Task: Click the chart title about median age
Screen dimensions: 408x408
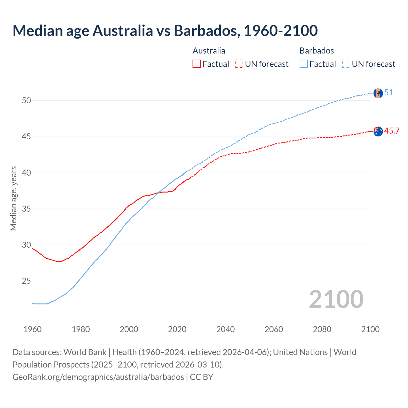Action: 165,31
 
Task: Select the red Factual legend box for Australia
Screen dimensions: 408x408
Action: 197,64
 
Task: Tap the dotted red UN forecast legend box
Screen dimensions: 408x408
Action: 239,64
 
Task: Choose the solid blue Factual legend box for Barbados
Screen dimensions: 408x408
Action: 304,64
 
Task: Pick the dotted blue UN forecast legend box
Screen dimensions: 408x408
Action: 346,64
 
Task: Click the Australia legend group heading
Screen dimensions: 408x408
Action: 209,51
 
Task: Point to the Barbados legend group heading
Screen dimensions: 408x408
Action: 317,51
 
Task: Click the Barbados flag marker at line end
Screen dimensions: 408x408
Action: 378,93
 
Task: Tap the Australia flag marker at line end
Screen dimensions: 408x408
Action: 378,131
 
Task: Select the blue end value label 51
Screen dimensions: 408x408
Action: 389,92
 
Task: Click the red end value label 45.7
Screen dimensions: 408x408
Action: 392,131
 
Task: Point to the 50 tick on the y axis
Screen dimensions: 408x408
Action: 26,100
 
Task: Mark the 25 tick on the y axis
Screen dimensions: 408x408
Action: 26,281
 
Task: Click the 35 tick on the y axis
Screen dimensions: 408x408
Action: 26,209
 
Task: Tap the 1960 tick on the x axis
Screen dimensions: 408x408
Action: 33,329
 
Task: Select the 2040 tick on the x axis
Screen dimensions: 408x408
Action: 225,329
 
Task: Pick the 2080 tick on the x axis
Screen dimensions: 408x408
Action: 322,329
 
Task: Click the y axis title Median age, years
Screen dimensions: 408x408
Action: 13,198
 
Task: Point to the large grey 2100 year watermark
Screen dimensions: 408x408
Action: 336,299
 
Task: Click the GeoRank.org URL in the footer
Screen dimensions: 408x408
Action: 98,377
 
